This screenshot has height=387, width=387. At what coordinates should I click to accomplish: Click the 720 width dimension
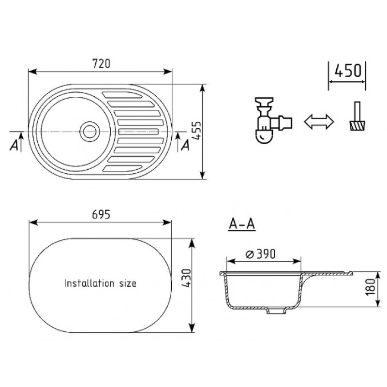(x=101, y=63)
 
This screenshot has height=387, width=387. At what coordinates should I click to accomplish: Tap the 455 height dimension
(x=196, y=131)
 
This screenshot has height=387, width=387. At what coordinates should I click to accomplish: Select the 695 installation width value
(x=101, y=214)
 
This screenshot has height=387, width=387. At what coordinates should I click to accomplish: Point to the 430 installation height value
(x=186, y=278)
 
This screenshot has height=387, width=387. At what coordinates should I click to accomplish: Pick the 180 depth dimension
(x=370, y=287)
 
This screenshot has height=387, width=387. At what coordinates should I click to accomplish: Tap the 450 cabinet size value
(x=348, y=70)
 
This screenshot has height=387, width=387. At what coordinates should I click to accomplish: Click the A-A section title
(x=242, y=224)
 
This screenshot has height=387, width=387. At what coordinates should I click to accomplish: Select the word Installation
(x=89, y=283)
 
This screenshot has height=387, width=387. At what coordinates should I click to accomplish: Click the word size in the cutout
(x=128, y=283)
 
